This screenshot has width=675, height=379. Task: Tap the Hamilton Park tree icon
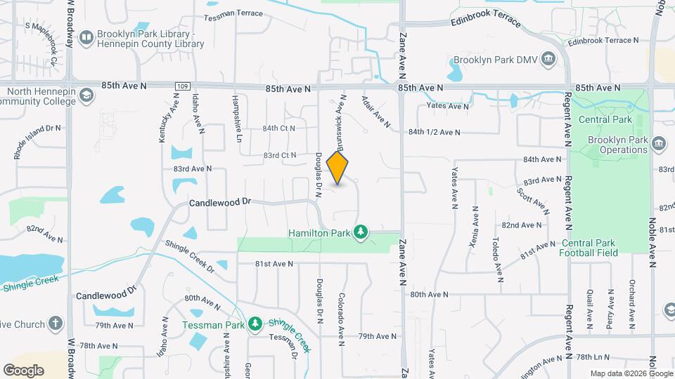click(x=361, y=231)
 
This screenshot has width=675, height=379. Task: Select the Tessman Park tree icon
click(x=256, y=324)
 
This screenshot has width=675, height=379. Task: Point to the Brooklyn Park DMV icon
click(x=548, y=60)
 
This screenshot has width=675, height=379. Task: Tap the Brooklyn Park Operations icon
click(x=659, y=145)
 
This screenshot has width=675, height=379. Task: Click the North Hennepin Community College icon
click(x=86, y=95)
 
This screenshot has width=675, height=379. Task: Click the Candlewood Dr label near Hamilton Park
click(x=220, y=201)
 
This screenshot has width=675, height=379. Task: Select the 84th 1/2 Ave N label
click(x=434, y=132)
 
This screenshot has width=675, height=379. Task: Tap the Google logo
click(x=23, y=370)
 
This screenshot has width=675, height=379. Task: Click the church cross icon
click(x=56, y=324)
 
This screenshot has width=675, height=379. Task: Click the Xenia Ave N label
click(x=474, y=229)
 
